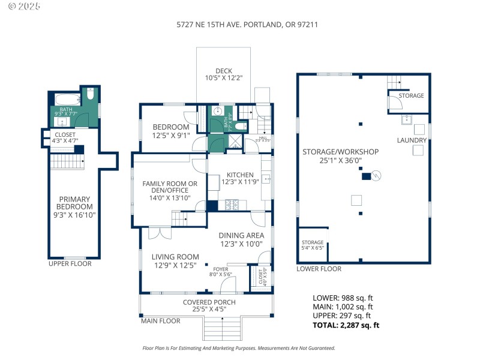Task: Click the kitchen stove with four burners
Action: click(232, 205)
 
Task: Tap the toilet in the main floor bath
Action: click(240, 127)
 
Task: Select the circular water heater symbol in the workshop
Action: click(377, 176)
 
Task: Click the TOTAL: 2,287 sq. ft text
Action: click(346, 325)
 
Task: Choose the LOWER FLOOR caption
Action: click(319, 269)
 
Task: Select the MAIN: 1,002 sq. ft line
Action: click(342, 307)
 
